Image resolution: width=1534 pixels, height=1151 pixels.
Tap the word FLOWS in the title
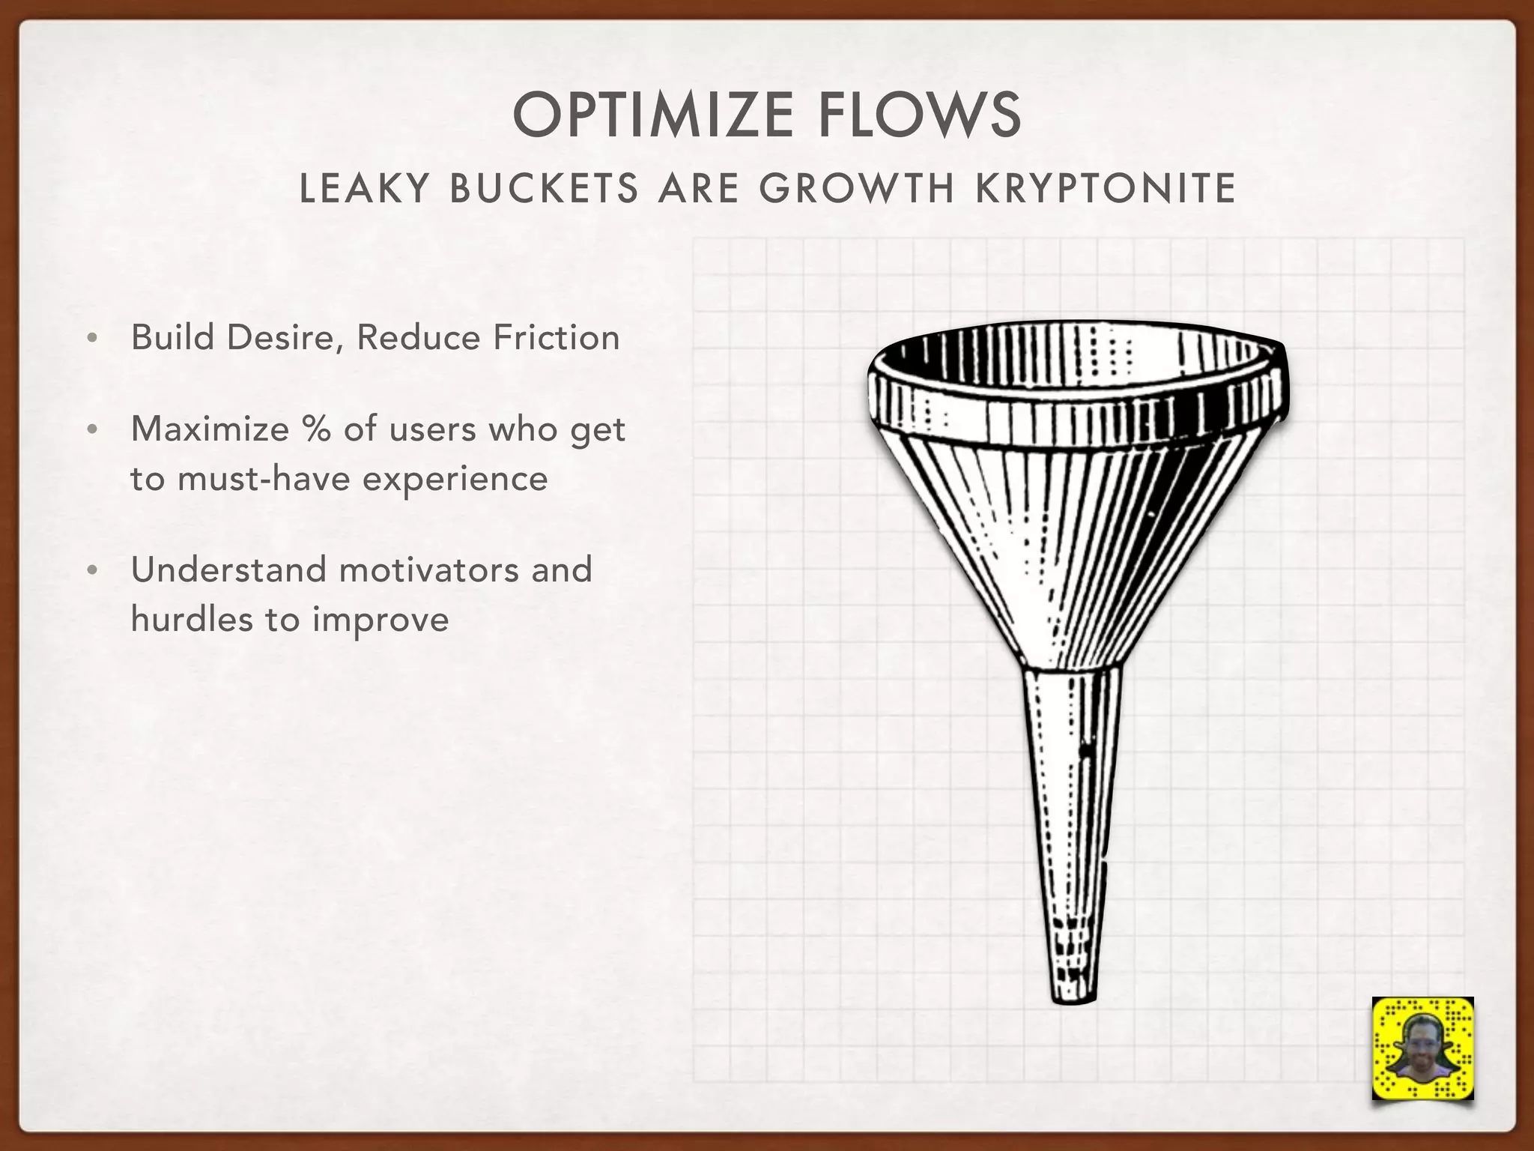(x=919, y=115)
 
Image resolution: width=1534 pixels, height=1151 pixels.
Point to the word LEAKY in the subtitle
(x=364, y=188)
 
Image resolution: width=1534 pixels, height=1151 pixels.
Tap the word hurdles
(x=192, y=619)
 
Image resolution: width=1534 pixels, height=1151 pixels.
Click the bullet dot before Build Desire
(x=92, y=339)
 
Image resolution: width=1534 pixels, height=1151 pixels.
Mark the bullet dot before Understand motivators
(x=92, y=571)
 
